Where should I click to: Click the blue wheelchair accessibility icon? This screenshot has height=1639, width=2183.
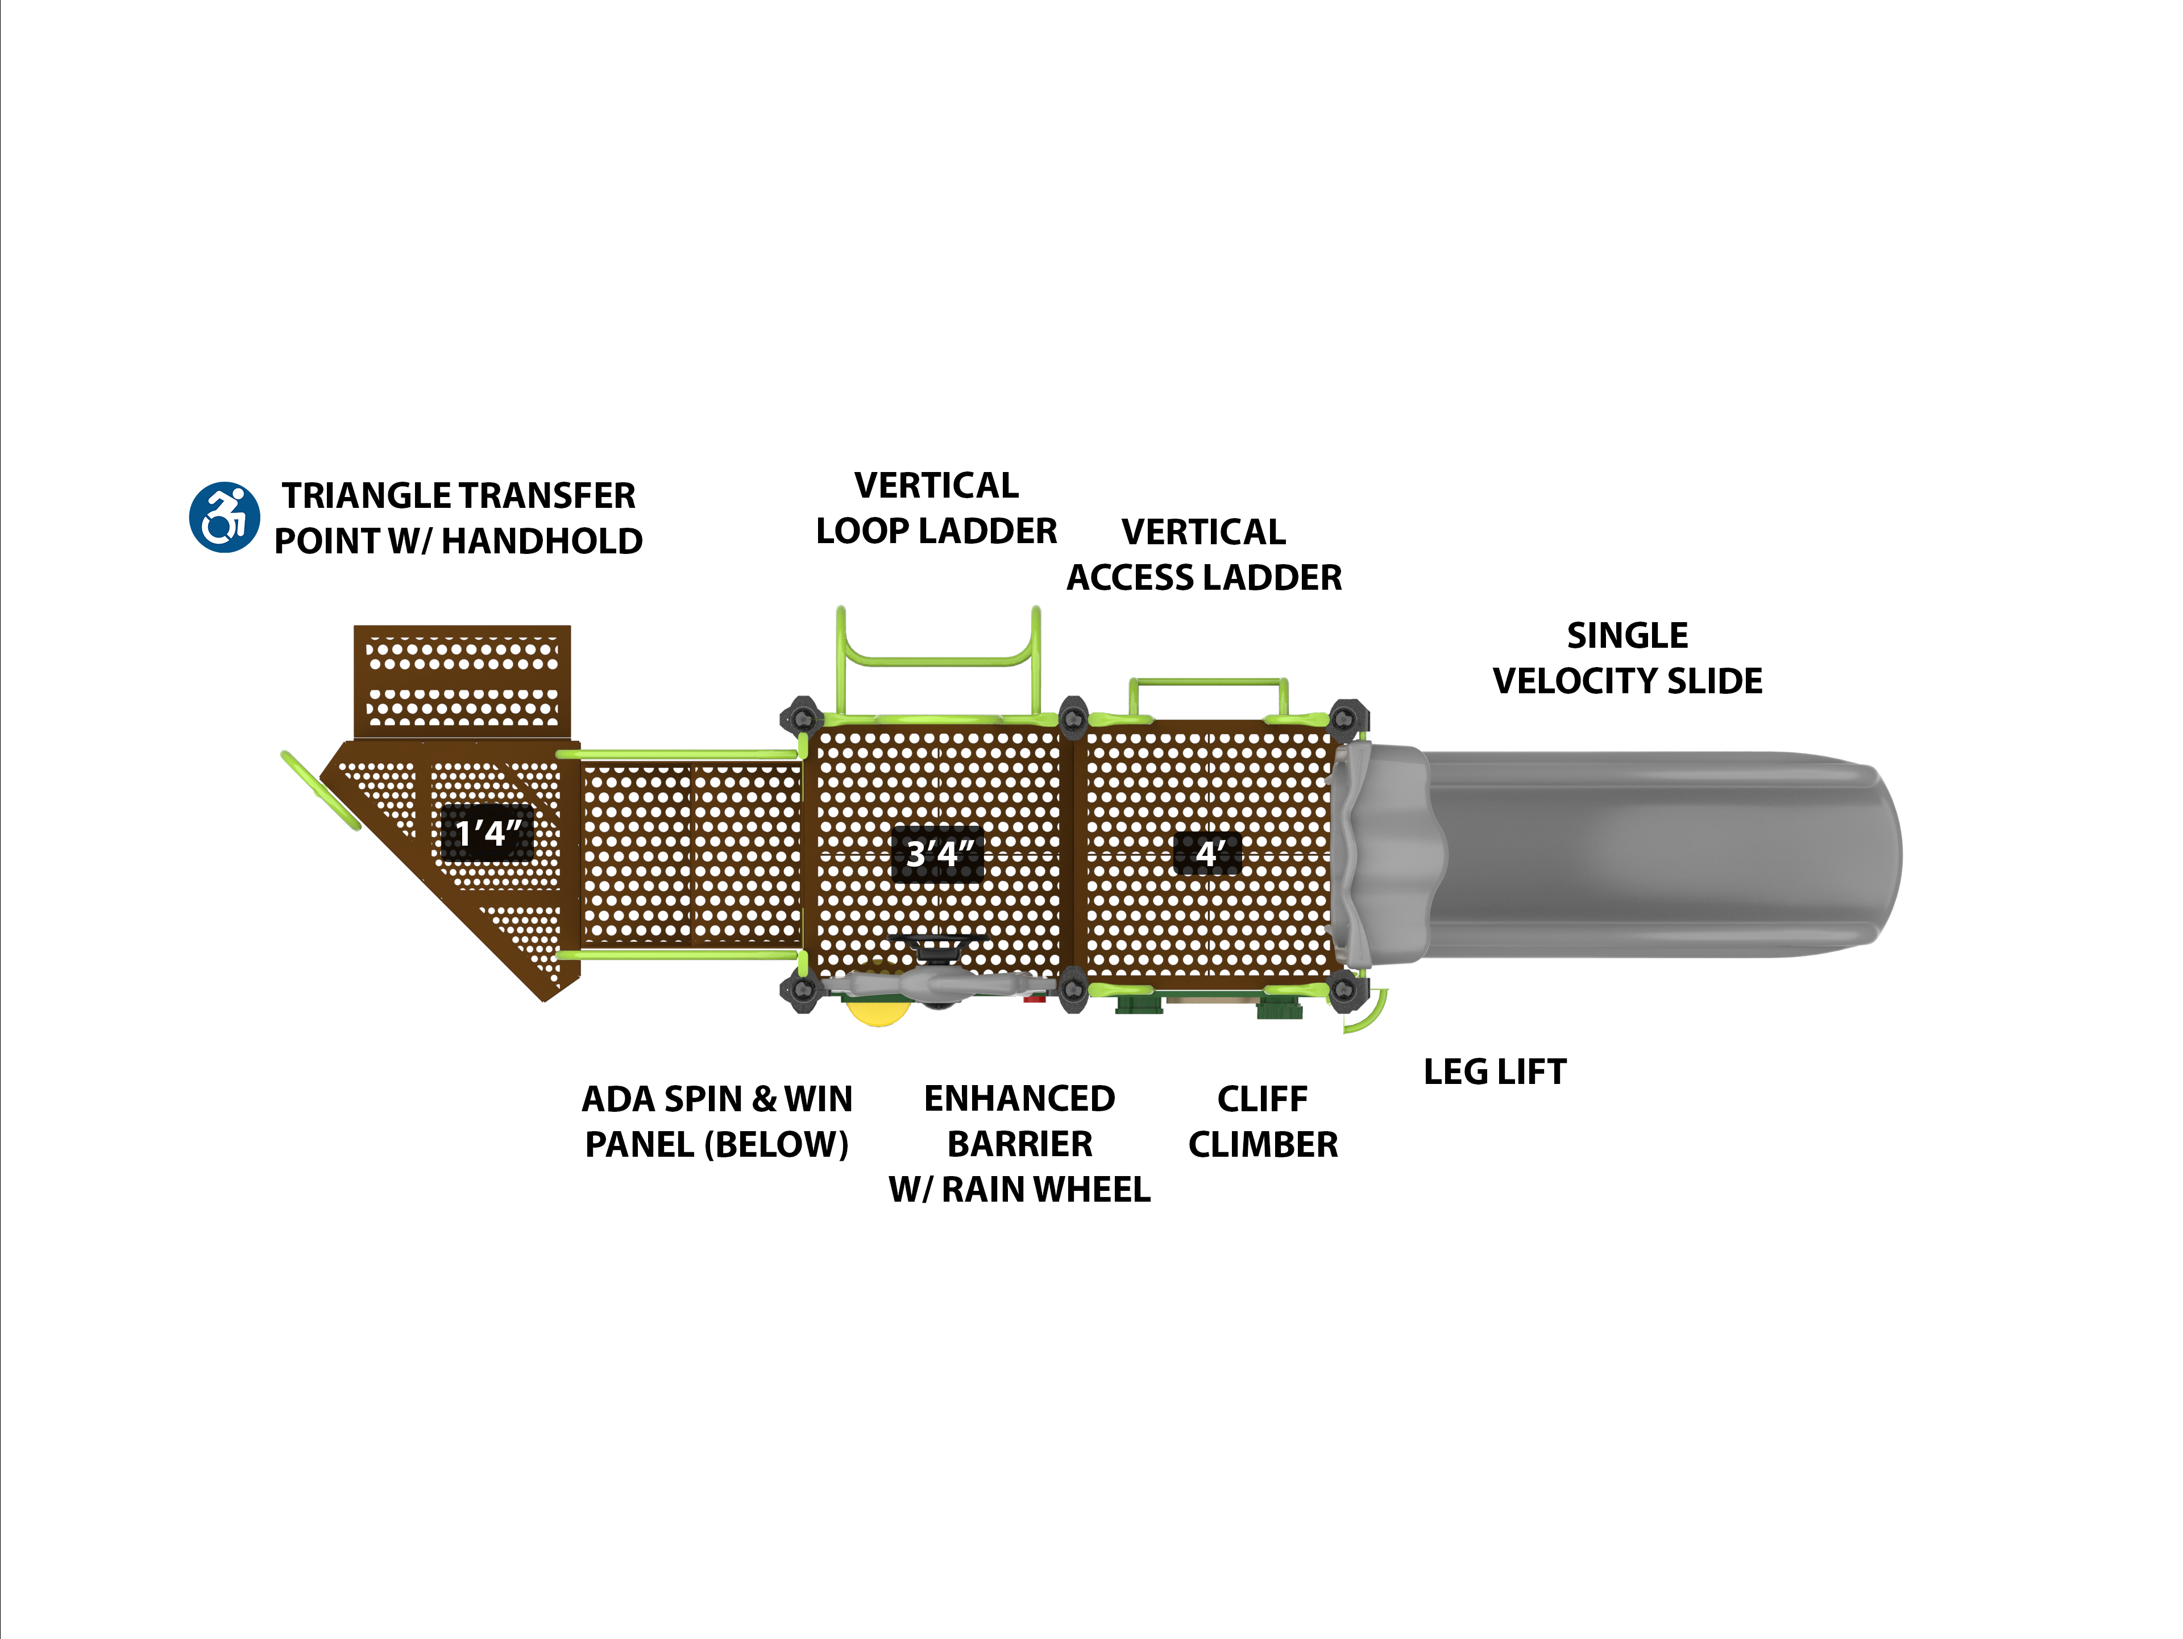point(224,516)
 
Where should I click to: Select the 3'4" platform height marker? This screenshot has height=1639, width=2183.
point(937,853)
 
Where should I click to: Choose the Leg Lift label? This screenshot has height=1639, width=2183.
point(1494,1072)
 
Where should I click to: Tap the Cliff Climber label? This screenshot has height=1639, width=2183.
point(1262,1121)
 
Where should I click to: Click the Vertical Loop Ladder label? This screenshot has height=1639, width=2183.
point(936,508)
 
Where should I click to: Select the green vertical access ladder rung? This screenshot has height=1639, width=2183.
point(1208,681)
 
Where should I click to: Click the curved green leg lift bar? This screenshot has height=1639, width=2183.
point(1372,1017)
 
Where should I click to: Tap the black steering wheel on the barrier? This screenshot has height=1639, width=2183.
point(936,948)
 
